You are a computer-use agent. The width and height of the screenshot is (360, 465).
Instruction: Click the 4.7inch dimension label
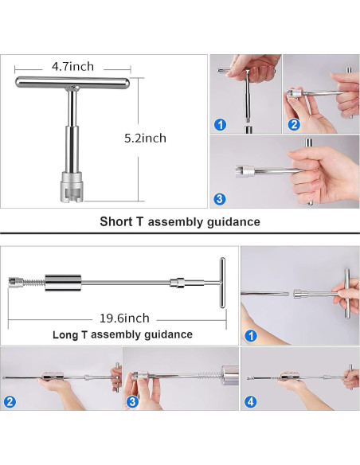coord(73,66)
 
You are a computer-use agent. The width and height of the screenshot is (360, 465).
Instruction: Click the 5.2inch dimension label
coord(145,139)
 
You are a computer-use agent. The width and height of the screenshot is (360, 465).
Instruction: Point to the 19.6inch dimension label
coord(124,318)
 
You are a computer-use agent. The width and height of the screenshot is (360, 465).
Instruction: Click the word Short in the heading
coord(116,221)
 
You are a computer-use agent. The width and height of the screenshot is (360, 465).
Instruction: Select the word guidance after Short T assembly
coord(233,222)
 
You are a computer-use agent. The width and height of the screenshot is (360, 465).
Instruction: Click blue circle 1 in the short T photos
coord(220,124)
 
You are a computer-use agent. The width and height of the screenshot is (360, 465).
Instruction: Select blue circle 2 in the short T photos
coord(294,124)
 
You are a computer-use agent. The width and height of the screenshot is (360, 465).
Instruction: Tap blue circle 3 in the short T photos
coord(220,198)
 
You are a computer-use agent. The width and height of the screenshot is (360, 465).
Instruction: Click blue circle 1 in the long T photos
coord(251,336)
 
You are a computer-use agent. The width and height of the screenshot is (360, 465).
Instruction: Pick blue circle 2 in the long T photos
coord(10,402)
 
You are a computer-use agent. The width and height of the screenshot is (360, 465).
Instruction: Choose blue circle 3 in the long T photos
coord(132,402)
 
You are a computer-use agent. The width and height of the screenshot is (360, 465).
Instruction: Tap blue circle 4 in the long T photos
coord(251,402)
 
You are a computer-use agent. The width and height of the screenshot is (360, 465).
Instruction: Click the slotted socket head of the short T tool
coord(72,187)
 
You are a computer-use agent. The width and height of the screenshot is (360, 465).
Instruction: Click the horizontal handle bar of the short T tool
coord(72,82)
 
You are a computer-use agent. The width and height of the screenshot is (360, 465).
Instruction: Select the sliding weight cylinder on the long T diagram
coord(63,283)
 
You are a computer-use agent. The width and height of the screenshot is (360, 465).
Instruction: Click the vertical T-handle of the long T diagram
coord(222,283)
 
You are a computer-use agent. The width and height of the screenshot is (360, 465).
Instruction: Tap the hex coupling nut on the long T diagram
coord(178,283)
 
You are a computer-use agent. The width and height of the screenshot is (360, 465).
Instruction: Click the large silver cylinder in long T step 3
coord(230,375)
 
